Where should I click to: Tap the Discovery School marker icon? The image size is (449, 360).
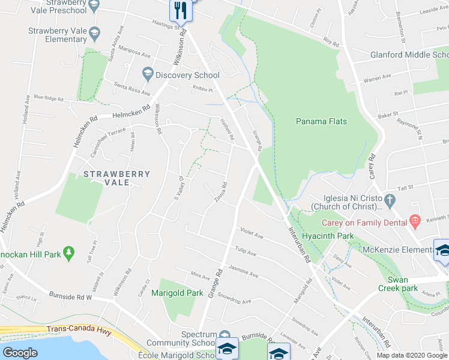click(x=148, y=75)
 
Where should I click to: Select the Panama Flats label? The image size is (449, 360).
click(x=321, y=121)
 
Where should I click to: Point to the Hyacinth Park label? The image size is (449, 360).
click(x=328, y=236)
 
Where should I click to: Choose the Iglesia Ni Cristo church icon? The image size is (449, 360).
click(x=389, y=200)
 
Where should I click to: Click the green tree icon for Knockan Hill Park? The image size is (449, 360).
click(x=69, y=254)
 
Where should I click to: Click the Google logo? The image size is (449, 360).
click(x=20, y=353)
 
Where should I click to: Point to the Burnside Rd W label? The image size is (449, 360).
click(x=67, y=296)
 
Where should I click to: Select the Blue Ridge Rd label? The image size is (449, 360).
click(x=48, y=97)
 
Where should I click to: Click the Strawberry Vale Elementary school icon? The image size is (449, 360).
click(x=94, y=32)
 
